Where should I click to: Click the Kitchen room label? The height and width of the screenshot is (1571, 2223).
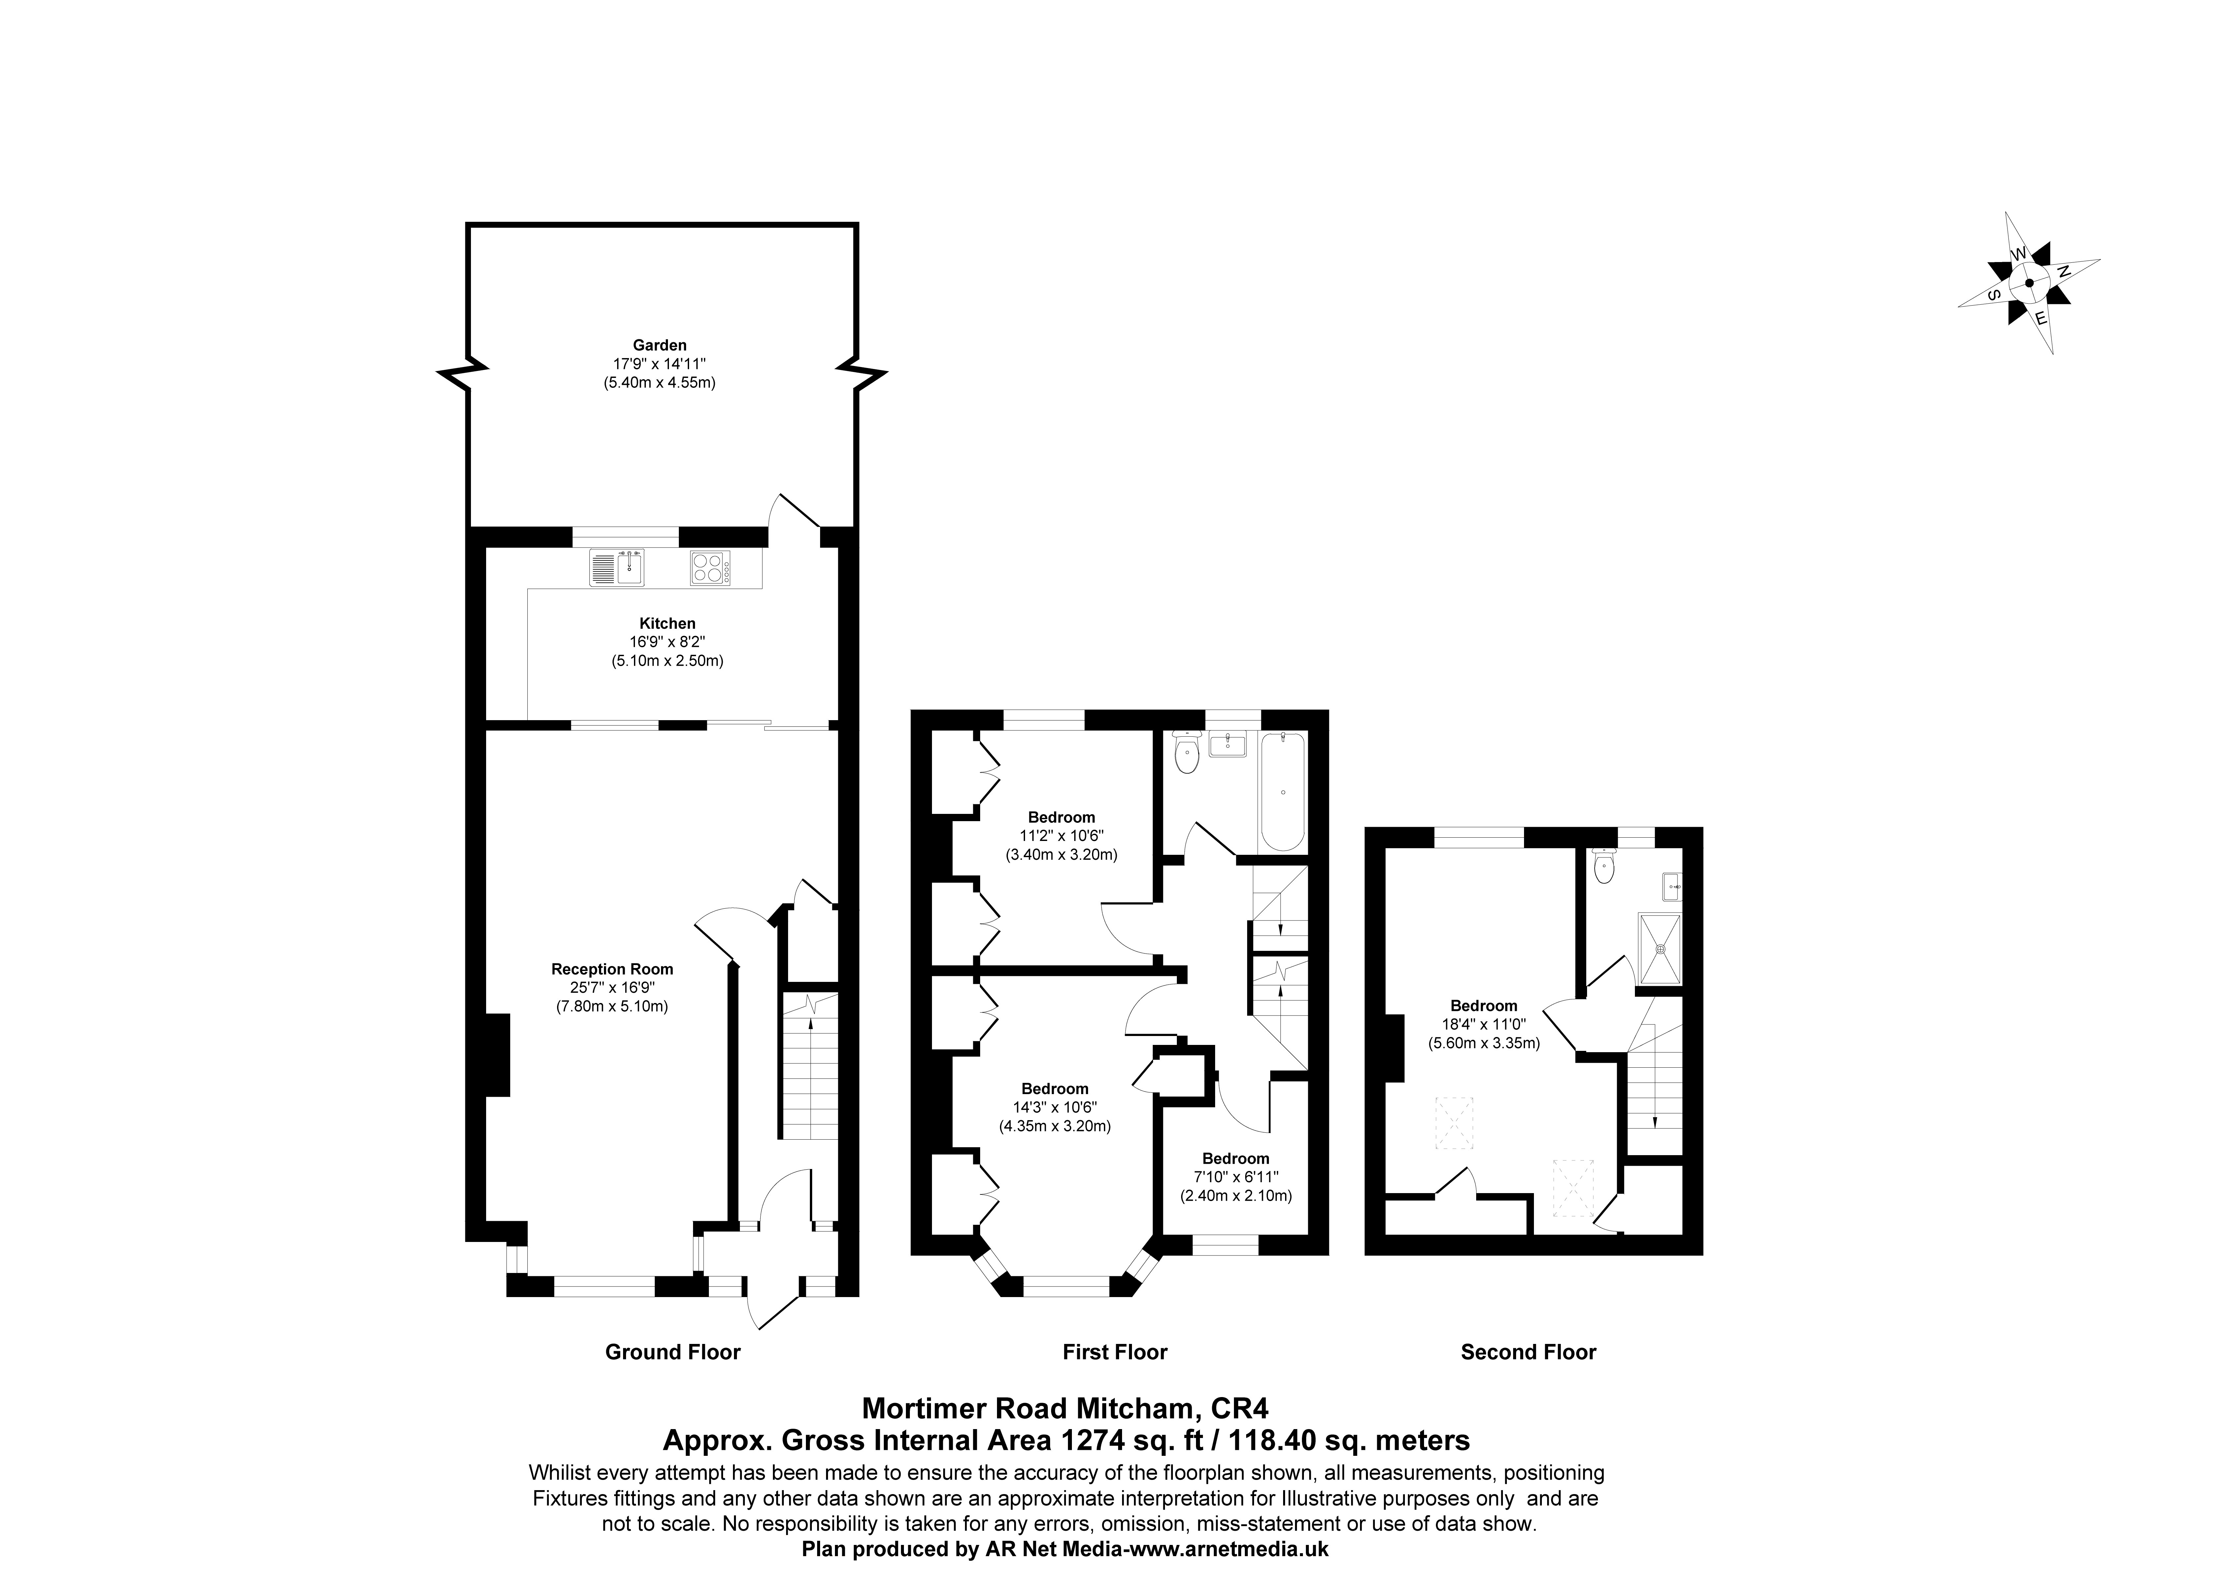pos(667,624)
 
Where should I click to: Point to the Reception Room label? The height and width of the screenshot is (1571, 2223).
pos(612,969)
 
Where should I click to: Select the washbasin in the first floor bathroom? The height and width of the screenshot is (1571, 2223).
pos(1228,745)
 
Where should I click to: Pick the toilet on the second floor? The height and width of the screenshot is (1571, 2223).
pos(1604,866)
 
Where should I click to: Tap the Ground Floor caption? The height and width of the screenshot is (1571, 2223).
pos(673,1352)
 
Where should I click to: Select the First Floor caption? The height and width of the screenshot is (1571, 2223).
pos(1115,1352)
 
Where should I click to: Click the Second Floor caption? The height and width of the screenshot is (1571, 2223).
pos(1529,1352)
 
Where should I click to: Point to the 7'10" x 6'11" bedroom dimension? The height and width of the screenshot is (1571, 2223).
pos(1236,1177)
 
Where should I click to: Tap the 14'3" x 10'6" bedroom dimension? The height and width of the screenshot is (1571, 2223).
pos(1055,1107)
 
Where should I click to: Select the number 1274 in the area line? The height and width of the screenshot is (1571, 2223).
pos(1089,1440)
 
